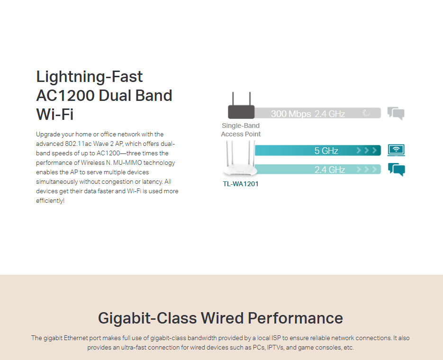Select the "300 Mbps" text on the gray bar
point(291,114)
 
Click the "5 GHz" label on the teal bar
point(326,151)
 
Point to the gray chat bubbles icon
point(396,114)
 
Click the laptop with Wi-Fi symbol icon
point(396,150)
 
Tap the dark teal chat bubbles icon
point(397,170)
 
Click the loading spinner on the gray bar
point(366,113)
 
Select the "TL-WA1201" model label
point(241,184)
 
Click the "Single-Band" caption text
point(241,126)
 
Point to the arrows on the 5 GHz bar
point(367,150)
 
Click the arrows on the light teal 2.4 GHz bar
point(367,170)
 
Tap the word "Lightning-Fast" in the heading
point(89,77)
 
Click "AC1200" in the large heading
point(65,95)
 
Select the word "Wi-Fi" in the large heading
point(55,114)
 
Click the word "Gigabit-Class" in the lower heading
point(147,318)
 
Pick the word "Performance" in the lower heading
point(295,318)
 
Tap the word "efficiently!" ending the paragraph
point(50,201)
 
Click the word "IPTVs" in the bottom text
point(275,347)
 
